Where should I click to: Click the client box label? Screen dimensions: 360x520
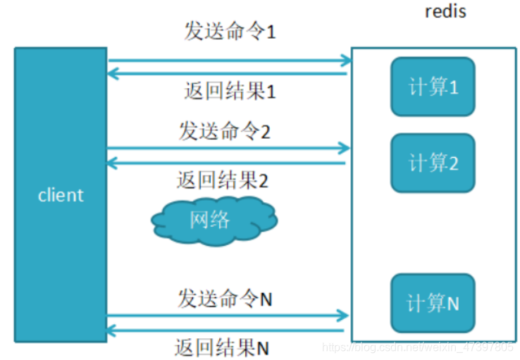(x=61, y=195)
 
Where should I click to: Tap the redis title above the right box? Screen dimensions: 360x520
(x=445, y=12)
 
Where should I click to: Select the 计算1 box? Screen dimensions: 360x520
(x=433, y=87)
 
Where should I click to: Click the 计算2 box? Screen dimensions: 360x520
(x=433, y=163)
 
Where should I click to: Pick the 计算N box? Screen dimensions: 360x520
(x=433, y=303)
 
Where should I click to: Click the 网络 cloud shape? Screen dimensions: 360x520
(x=213, y=220)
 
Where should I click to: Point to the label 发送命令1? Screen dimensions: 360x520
(x=229, y=32)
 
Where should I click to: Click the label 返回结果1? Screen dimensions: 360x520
(x=229, y=90)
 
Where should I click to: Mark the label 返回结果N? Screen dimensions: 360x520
(x=222, y=347)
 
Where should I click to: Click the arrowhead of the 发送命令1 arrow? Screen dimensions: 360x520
(x=345, y=60)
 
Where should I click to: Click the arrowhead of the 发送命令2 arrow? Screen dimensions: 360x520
(x=344, y=148)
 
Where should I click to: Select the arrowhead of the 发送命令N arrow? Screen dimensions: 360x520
(x=344, y=315)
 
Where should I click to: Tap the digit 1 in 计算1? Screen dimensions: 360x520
(x=453, y=87)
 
